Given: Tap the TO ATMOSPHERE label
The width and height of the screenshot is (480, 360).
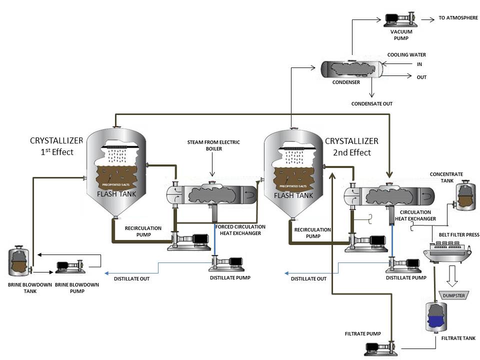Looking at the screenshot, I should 458,18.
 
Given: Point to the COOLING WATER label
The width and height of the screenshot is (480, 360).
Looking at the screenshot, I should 406,54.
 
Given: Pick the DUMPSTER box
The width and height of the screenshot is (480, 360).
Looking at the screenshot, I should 453,295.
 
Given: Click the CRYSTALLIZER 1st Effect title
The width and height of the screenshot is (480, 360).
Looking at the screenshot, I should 52,146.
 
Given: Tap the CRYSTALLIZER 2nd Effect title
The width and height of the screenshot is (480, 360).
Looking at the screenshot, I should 351,146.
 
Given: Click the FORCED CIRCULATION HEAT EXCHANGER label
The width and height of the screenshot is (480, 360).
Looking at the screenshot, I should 240,230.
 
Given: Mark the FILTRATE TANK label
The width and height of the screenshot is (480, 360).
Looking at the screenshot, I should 458,338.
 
